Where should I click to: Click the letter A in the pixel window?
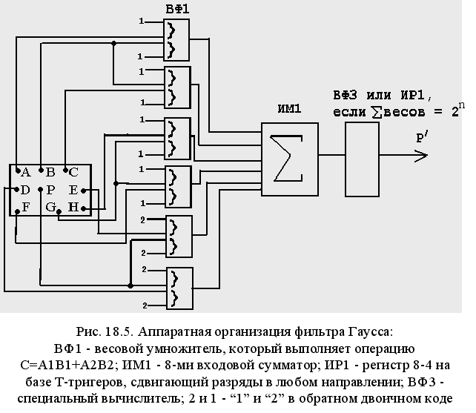pyautogui.click(x=24, y=172)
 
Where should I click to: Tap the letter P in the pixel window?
pyautogui.click(x=50, y=190)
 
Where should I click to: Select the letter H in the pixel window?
pyautogui.click(x=73, y=207)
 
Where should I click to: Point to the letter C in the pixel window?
pyautogui.click(x=73, y=172)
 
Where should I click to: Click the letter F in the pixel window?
pyautogui.click(x=25, y=207)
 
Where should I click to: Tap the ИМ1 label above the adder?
pyautogui.click(x=289, y=109)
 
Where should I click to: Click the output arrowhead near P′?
pyautogui.click(x=422, y=155)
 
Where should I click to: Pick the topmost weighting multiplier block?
pyautogui.click(x=176, y=40)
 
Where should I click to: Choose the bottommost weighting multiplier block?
pyautogui.click(x=179, y=288)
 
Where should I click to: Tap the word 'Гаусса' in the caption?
pyautogui.click(x=370, y=331)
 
